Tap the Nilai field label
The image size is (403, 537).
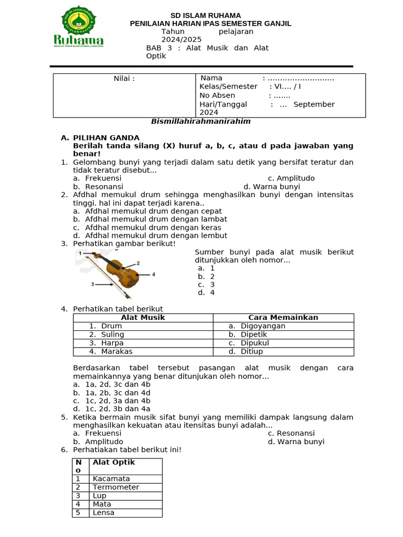(124, 79)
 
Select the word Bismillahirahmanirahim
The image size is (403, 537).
(201, 121)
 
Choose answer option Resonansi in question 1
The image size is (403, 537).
(104, 187)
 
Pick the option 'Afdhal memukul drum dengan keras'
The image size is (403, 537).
(153, 228)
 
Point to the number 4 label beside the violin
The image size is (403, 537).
(154, 274)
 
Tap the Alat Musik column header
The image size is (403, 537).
(143, 318)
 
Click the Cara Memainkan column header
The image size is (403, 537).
(283, 318)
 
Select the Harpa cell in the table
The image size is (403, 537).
(112, 343)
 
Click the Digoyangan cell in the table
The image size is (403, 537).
(263, 326)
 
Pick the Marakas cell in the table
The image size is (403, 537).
(116, 351)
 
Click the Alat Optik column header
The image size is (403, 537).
(114, 463)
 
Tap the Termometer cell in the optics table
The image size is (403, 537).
(116, 487)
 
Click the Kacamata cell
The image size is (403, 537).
(111, 479)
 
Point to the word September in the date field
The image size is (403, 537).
(314, 104)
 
